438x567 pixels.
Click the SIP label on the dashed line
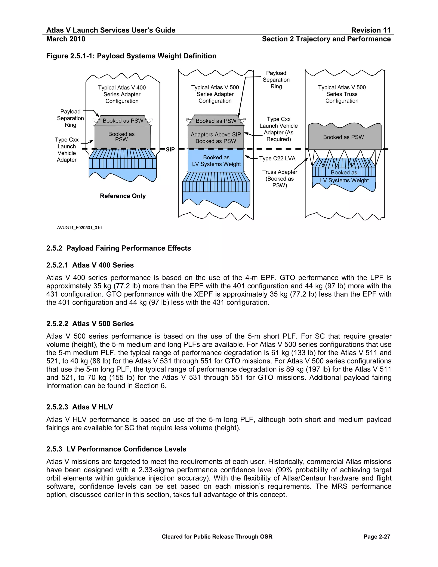pyautogui.click(x=170, y=150)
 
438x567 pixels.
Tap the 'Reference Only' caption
pyautogui.click(x=123, y=196)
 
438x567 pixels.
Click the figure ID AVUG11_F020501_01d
pyautogui.click(x=79, y=228)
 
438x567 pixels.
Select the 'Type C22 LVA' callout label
pyautogui.click(x=277, y=158)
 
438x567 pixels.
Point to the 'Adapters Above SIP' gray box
pyautogui.click(x=216, y=138)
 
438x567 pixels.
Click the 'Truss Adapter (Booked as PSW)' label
pyautogui.click(x=280, y=179)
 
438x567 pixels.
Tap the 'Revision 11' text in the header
pyautogui.click(x=371, y=30)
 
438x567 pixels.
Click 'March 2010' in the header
pyautogui.click(x=66, y=39)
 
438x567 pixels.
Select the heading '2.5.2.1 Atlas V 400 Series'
pyautogui.click(x=90, y=265)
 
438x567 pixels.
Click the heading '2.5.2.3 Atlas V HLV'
pyautogui.click(x=79, y=407)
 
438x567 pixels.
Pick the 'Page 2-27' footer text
pyautogui.click(x=377, y=537)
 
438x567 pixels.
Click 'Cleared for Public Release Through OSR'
pyautogui.click(x=217, y=537)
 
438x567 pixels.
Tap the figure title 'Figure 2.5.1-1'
pyautogui.click(x=131, y=56)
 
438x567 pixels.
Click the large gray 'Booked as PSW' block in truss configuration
pyautogui.click(x=343, y=137)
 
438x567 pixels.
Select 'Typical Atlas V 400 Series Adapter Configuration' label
pyautogui.click(x=122, y=94)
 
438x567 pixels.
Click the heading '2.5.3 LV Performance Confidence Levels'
pyautogui.click(x=116, y=449)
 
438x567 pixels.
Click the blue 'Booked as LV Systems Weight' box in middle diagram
pyautogui.click(x=216, y=161)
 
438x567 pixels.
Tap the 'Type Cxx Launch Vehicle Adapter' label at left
pyautogui.click(x=67, y=150)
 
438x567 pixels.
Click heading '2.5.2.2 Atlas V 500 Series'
pyautogui.click(x=90, y=324)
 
